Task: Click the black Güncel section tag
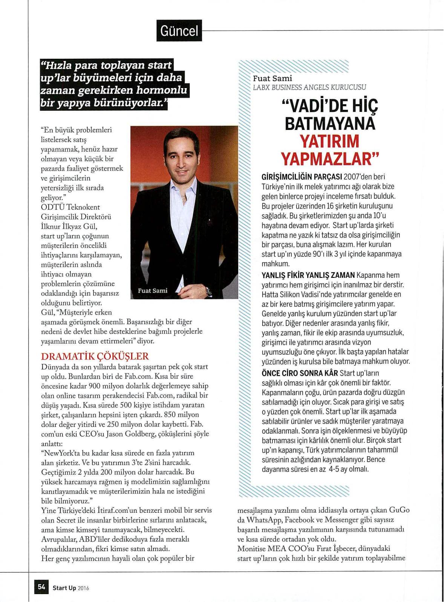179,31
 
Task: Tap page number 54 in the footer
41,587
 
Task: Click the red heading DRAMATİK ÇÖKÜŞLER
95,356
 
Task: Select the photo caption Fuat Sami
153,291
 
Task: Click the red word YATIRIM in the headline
329,141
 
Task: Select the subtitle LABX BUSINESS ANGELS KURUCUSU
309,87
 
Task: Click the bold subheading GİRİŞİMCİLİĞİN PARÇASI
302,177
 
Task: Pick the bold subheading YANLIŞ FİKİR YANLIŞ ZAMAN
308,275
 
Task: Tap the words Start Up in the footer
64,588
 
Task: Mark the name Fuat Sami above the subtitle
273,78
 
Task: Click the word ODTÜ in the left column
51,207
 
